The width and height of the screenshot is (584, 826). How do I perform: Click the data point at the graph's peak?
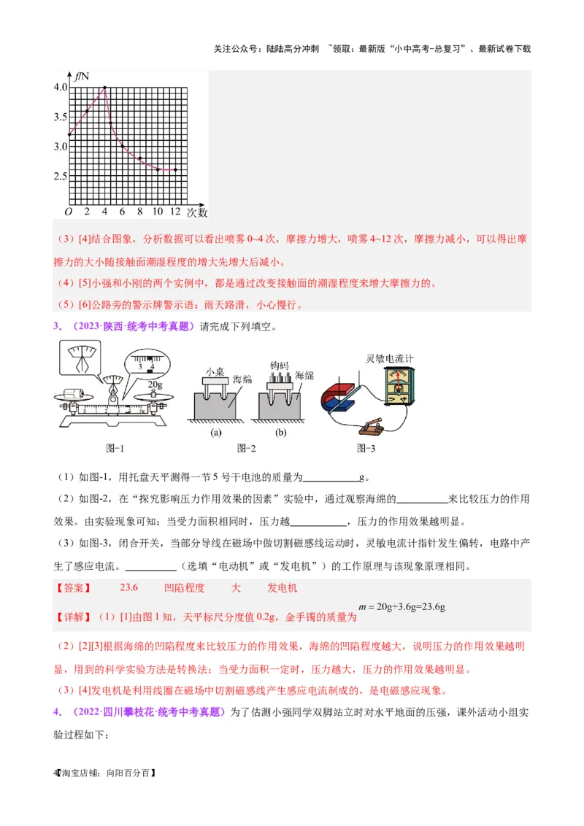(105, 88)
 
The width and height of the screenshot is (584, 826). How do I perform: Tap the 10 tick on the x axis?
(158, 212)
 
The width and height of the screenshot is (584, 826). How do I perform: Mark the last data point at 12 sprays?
(175, 170)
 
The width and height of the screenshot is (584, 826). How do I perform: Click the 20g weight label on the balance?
(154, 384)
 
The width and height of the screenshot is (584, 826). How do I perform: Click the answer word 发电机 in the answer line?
(282, 587)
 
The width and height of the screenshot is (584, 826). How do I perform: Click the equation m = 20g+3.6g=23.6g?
(402, 606)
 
